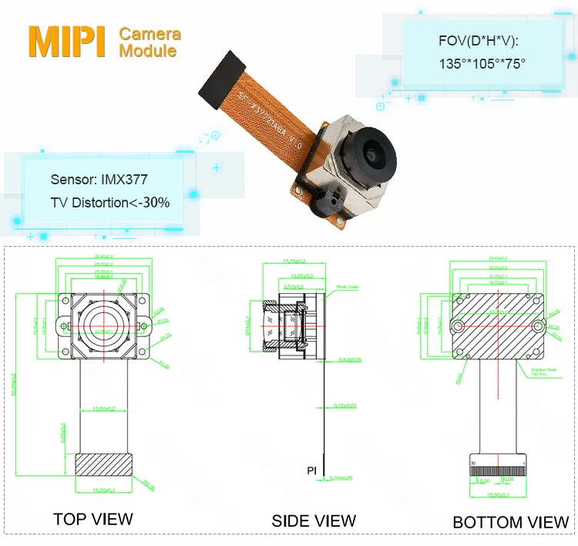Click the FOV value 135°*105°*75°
471,62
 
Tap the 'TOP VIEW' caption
92,519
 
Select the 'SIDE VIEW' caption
314,521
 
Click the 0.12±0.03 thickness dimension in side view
346,405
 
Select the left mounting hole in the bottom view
458,326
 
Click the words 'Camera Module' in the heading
150,42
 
